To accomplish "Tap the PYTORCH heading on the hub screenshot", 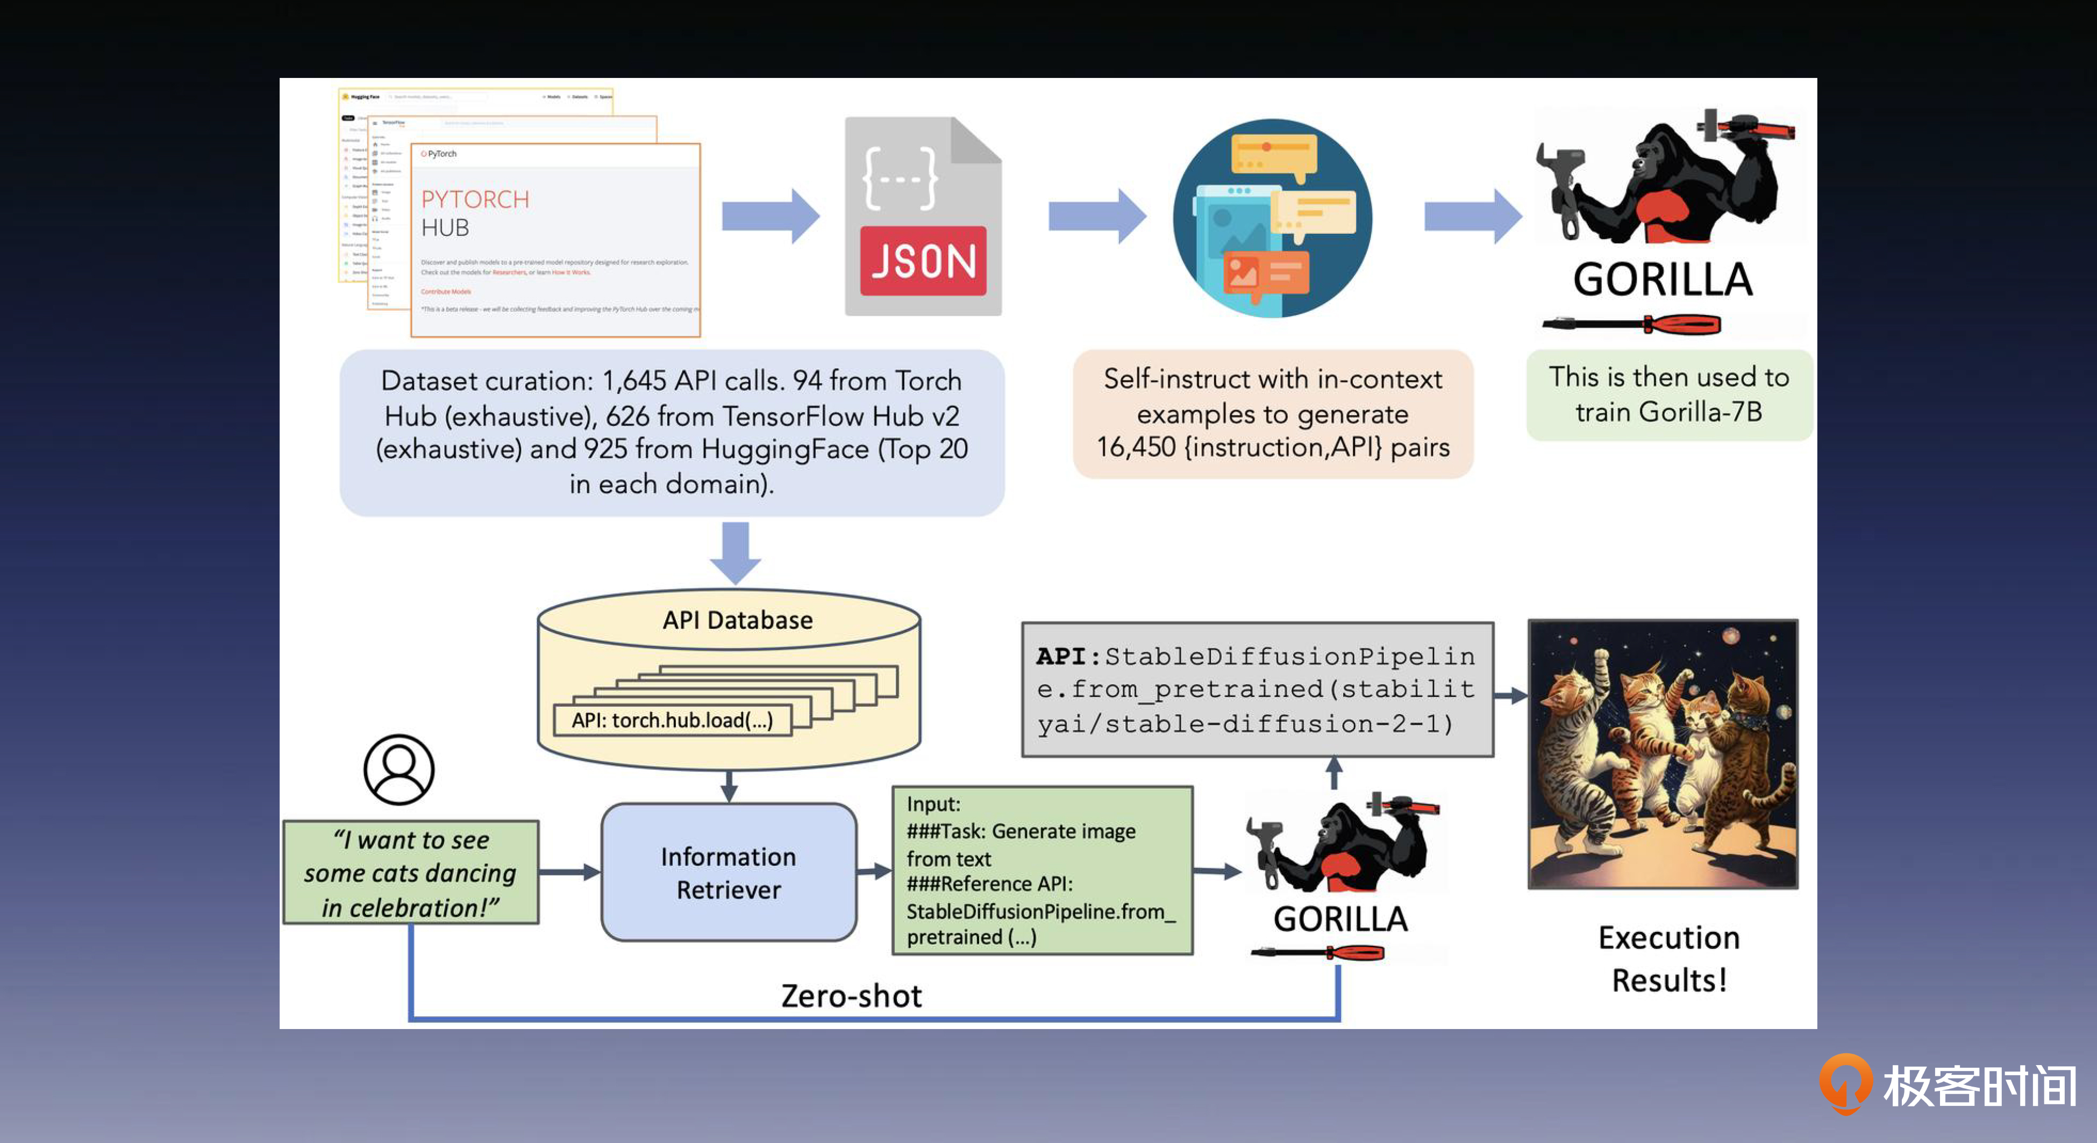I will point(475,199).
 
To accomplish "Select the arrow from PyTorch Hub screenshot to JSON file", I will point(770,215).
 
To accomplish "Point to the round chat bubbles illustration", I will point(1272,218).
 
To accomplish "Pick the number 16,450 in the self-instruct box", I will point(1136,448).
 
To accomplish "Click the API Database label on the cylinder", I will point(737,620).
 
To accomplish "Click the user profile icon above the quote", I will point(399,770).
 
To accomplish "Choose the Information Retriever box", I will point(729,873).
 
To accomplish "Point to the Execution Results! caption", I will point(1669,958).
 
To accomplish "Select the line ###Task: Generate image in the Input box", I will point(1021,831).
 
